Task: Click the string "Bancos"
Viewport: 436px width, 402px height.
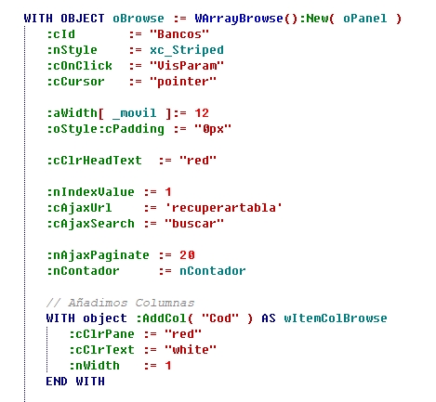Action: tap(179, 34)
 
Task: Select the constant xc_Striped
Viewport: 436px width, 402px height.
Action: tap(187, 50)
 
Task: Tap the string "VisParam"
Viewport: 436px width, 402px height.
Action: tap(187, 66)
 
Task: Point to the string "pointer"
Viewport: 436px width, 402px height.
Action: tap(183, 82)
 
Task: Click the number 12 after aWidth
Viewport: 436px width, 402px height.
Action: tap(202, 113)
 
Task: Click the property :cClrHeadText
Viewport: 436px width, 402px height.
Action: tap(94, 161)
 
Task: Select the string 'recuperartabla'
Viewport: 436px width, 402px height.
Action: tap(223, 208)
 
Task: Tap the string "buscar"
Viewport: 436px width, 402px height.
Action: tap(194, 224)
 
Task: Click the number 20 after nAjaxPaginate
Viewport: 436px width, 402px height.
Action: tap(187, 255)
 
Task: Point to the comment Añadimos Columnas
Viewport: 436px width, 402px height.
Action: tap(120, 303)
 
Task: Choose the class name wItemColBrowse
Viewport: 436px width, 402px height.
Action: tap(336, 318)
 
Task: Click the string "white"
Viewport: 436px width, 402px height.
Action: tap(191, 350)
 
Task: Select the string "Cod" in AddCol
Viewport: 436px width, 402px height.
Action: tap(220, 318)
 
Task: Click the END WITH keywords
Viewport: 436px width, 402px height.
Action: tap(75, 382)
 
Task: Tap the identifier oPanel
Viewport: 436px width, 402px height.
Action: tap(365, 19)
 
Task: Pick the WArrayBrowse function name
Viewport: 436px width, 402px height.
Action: tap(239, 19)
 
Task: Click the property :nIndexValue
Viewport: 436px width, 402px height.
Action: tap(90, 192)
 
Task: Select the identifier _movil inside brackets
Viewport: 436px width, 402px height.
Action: tap(135, 113)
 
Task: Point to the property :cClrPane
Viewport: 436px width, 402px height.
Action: tap(101, 334)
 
